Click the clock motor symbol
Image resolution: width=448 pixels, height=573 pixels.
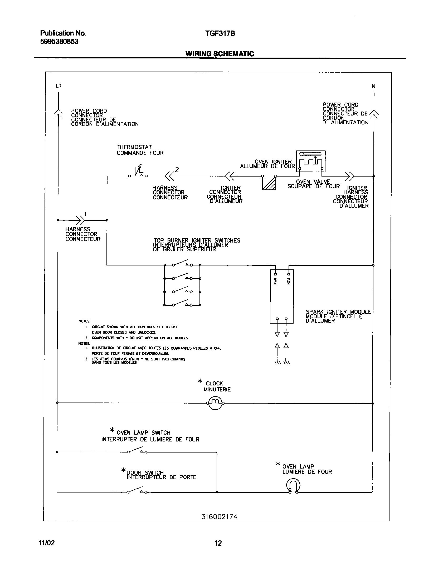(x=215, y=403)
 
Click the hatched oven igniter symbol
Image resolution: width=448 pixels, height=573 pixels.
(x=269, y=183)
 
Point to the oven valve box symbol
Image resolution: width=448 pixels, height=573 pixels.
(x=311, y=161)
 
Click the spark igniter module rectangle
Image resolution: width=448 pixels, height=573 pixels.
(x=281, y=296)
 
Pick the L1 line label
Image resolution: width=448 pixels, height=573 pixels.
(x=58, y=86)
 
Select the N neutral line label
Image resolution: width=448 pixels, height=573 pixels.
(x=373, y=86)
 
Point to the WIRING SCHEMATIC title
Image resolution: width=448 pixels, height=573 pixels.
(x=220, y=54)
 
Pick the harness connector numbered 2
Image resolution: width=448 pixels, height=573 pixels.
(x=169, y=176)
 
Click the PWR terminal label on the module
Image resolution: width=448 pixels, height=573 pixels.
(x=275, y=281)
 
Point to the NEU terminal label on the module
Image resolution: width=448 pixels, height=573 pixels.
(x=289, y=281)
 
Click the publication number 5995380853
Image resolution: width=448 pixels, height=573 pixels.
(x=59, y=42)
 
